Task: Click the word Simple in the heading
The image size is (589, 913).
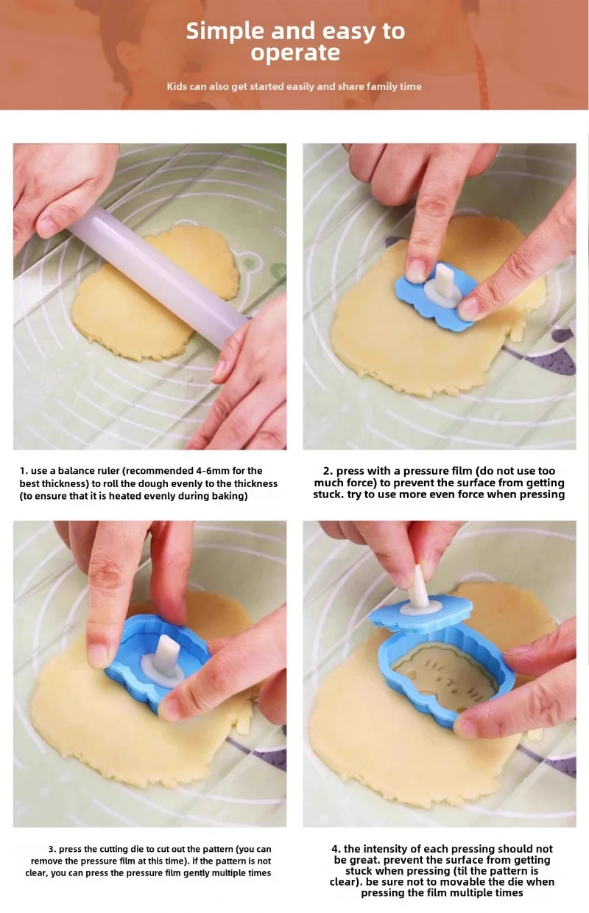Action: click(225, 32)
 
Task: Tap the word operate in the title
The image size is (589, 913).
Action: click(295, 53)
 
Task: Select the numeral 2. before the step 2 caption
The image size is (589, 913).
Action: click(328, 471)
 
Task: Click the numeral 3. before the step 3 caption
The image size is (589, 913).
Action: click(52, 849)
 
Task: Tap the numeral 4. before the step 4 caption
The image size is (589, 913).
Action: click(336, 849)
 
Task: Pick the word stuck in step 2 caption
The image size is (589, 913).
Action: click(328, 494)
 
